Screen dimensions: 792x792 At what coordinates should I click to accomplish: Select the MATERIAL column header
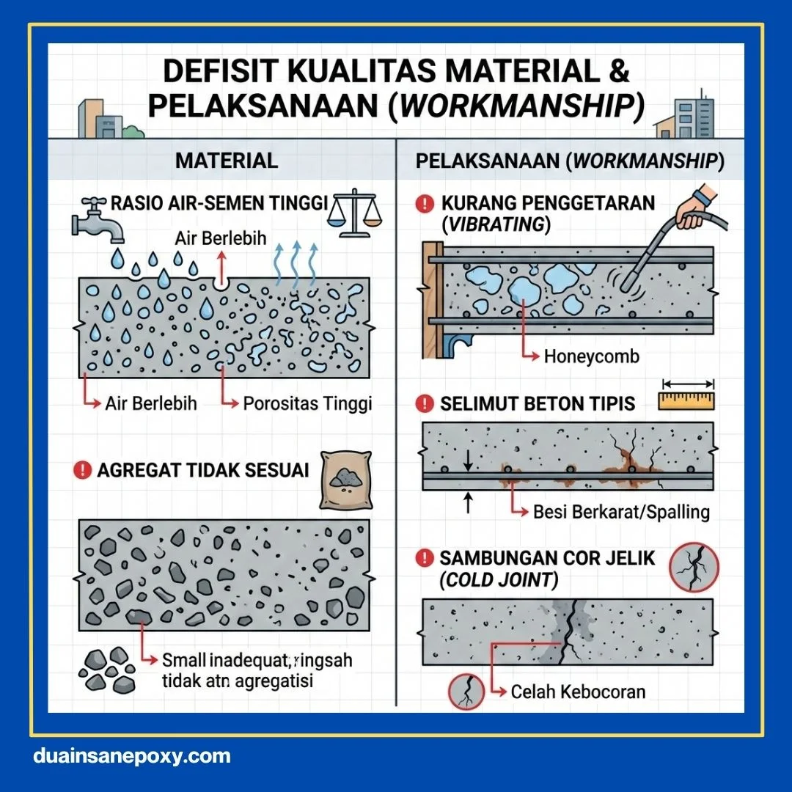pyautogui.click(x=227, y=161)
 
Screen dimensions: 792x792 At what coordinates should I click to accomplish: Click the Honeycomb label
pyautogui.click(x=591, y=357)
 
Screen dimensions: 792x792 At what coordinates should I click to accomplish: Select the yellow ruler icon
pyautogui.click(x=687, y=400)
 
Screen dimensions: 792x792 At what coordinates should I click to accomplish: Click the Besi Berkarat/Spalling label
pyautogui.click(x=620, y=512)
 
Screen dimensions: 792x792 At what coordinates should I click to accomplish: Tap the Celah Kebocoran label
pyautogui.click(x=578, y=692)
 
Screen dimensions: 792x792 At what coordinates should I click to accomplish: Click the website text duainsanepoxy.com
pyautogui.click(x=132, y=756)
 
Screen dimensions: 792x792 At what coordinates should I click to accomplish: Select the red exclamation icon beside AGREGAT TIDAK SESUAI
pyautogui.click(x=83, y=470)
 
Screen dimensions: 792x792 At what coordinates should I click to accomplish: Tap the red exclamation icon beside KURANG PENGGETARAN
pyautogui.click(x=425, y=204)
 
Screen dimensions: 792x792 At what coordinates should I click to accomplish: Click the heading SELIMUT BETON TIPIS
pyautogui.click(x=537, y=404)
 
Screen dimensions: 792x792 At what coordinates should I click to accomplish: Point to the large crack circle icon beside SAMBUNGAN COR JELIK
pyautogui.click(x=694, y=567)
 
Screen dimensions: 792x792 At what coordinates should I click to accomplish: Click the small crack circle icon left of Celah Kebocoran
pyautogui.click(x=466, y=692)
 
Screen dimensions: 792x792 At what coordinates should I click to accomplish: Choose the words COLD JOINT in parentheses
pyautogui.click(x=499, y=580)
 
